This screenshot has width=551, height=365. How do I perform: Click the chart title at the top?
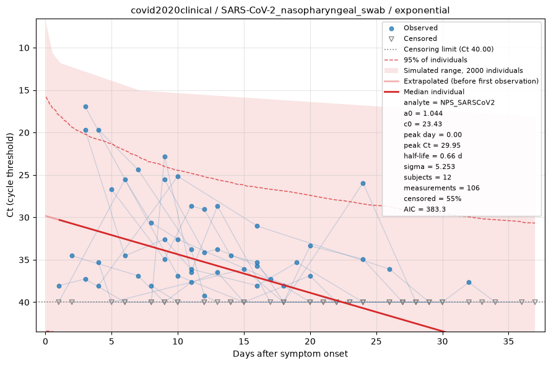tap(290, 10)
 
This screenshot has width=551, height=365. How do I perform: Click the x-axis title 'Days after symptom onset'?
tap(290, 354)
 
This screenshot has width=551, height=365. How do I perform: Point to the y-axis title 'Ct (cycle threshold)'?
tap(10, 175)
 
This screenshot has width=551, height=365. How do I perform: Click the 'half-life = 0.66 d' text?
tap(433, 156)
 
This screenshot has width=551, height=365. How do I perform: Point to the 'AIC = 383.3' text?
tap(425, 209)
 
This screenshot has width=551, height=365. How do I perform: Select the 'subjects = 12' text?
tap(427, 177)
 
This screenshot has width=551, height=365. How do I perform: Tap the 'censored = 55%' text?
tap(433, 199)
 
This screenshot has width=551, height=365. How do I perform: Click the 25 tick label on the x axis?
tap(376, 341)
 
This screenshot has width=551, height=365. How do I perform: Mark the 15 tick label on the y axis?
tap(24, 91)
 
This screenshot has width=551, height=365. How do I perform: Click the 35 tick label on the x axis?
tap(508, 341)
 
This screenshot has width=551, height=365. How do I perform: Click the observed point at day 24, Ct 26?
tap(363, 183)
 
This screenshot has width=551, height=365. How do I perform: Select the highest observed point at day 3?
tap(85, 107)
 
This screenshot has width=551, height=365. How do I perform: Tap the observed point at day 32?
tap(469, 283)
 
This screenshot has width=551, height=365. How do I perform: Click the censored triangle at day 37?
tap(535, 302)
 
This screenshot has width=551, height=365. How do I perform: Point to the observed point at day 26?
tap(389, 270)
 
